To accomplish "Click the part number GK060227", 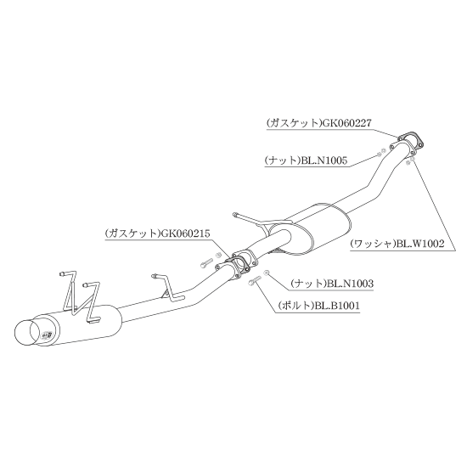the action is click(x=346, y=122).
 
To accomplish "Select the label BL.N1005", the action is click(x=324, y=160).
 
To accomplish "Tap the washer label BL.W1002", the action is click(x=420, y=244).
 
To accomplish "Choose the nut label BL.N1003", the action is click(x=350, y=284).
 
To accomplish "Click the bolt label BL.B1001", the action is click(x=336, y=306).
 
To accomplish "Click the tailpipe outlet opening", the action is click(x=27, y=333).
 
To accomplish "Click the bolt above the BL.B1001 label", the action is click(x=254, y=280).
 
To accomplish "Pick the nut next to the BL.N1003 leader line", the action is click(x=267, y=273).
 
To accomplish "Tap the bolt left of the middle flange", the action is click(x=207, y=262).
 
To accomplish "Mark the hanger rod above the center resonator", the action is click(x=247, y=219).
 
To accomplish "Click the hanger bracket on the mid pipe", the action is click(x=168, y=287).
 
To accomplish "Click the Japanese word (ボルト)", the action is click(x=295, y=306).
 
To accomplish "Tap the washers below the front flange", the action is click(x=410, y=161).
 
